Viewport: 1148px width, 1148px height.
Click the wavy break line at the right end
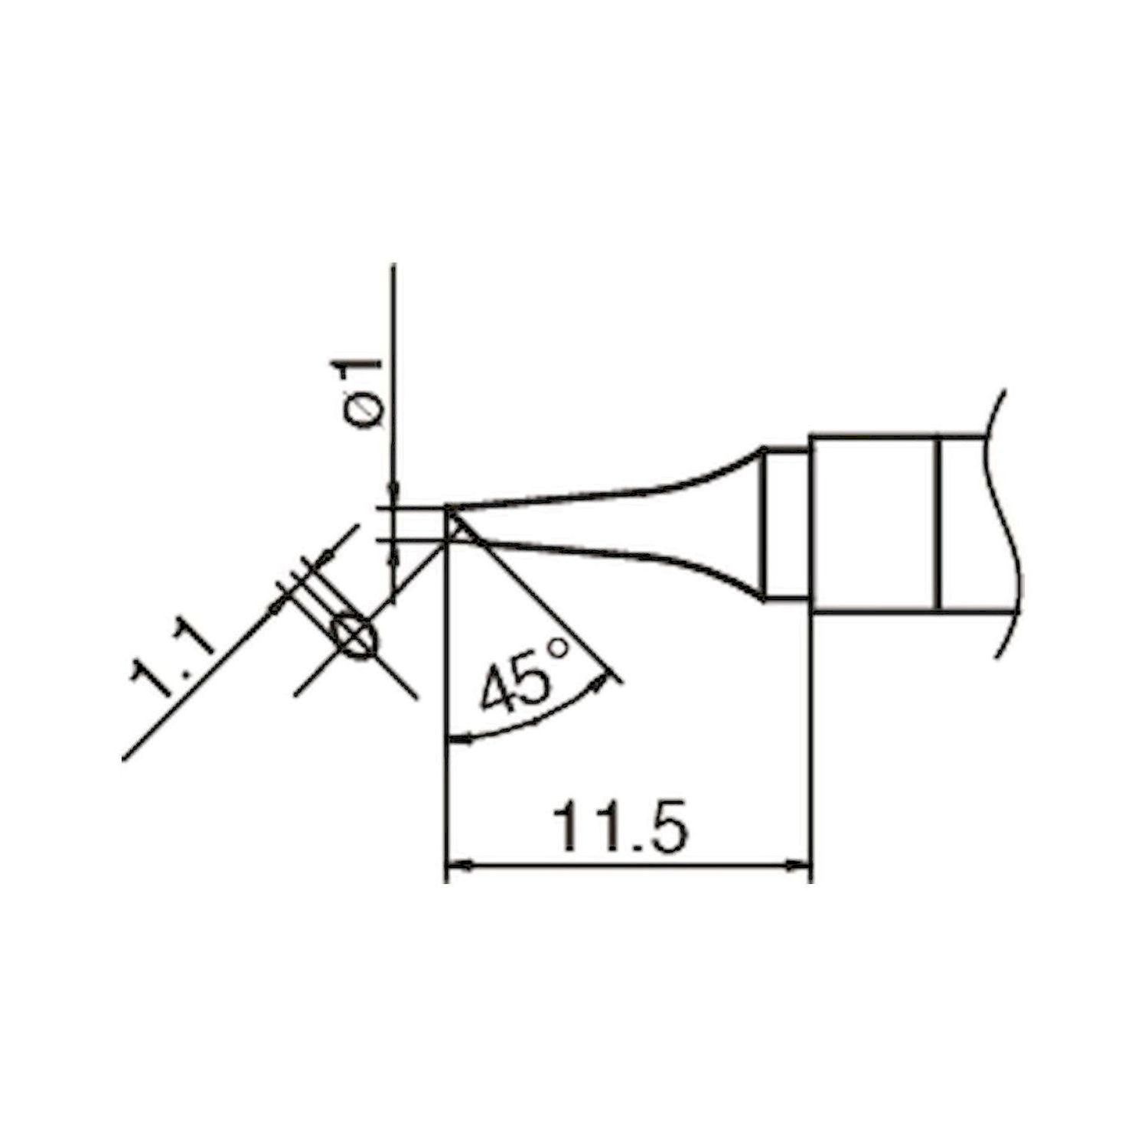1009,520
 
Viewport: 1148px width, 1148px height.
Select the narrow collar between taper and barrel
788,525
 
